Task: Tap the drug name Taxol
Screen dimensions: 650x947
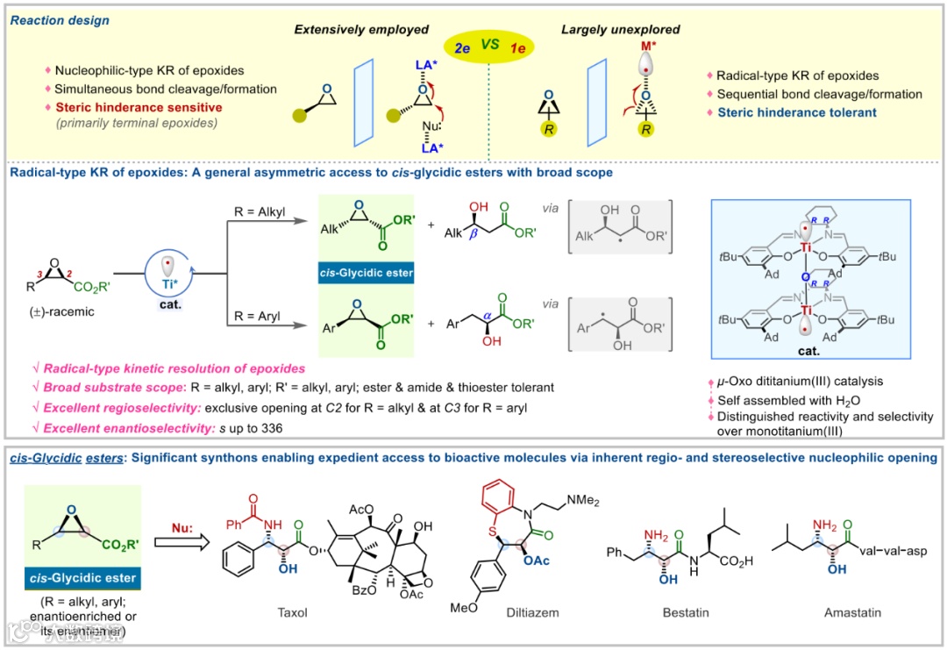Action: click(294, 611)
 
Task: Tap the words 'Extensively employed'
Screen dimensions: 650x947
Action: click(361, 31)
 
